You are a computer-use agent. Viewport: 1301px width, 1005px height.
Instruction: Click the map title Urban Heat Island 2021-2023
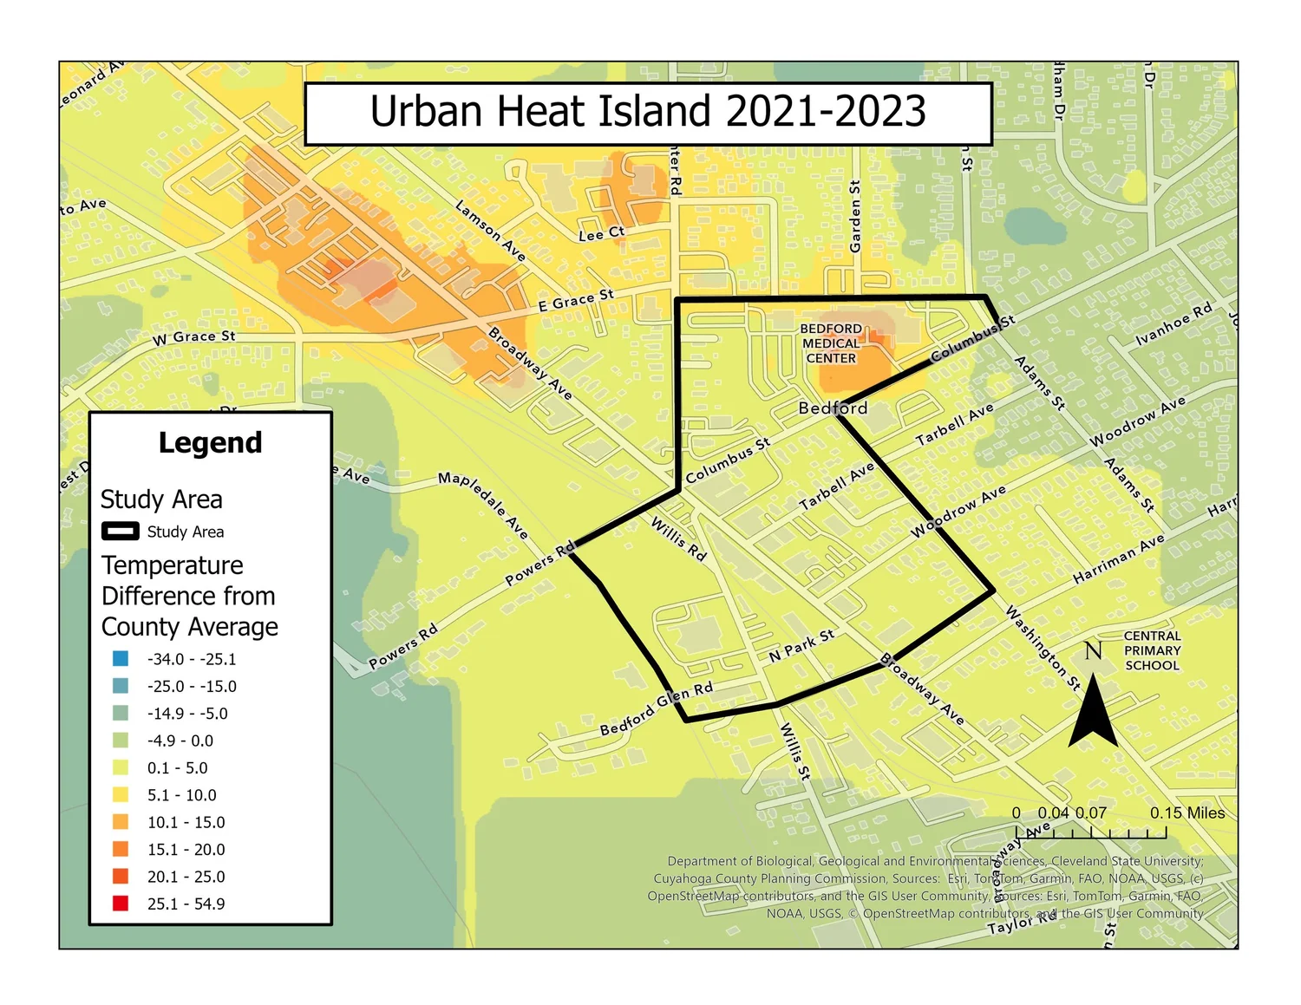point(648,113)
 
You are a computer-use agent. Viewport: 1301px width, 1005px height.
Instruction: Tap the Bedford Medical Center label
point(830,343)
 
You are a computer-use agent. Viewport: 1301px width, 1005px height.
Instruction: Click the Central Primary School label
point(1152,650)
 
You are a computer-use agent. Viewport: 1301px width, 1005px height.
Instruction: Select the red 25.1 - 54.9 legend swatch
point(121,904)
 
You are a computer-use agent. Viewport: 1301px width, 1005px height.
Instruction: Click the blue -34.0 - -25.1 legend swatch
point(121,659)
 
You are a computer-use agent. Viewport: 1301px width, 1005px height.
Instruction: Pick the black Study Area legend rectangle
point(121,532)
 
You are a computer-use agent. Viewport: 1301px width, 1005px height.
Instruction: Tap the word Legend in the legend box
point(210,443)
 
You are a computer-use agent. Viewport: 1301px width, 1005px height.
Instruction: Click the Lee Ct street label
point(601,234)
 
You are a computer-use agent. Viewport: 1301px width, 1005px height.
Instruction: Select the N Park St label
point(801,646)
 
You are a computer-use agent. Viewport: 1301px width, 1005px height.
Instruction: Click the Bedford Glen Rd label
point(657,708)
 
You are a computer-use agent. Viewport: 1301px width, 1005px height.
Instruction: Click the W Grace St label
point(193,337)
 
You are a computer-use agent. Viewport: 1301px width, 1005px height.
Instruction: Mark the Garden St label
point(855,217)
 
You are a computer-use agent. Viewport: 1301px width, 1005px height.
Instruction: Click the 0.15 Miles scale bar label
point(1187,813)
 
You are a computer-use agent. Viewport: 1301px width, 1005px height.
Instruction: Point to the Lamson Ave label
point(491,231)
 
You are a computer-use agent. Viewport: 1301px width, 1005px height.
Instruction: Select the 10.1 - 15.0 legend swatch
point(121,822)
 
